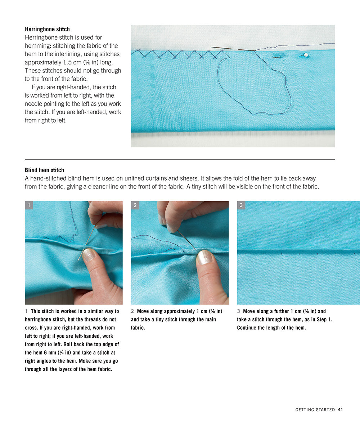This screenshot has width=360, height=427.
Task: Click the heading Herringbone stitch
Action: (x=47, y=29)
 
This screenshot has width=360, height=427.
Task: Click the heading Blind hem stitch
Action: (x=44, y=170)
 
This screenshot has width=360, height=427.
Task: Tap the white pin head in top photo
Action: (x=306, y=55)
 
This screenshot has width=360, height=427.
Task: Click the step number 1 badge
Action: (x=29, y=205)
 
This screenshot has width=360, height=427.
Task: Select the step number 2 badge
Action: (x=135, y=205)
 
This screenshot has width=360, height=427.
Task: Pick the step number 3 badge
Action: (x=241, y=205)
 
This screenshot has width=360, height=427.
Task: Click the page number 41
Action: (x=340, y=410)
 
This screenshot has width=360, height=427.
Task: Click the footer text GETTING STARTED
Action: (x=315, y=410)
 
